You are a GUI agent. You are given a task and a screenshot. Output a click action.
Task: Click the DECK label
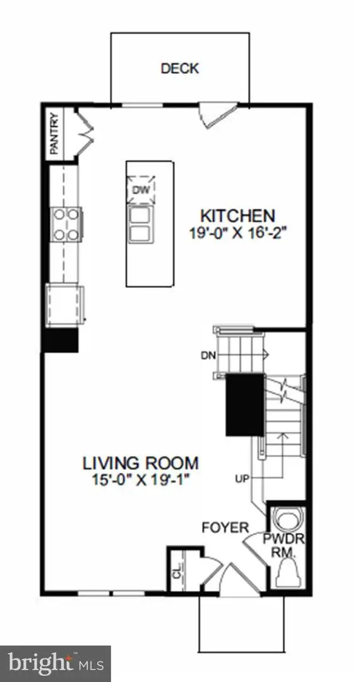tap(179, 68)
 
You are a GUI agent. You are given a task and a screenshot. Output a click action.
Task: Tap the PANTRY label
tap(55, 133)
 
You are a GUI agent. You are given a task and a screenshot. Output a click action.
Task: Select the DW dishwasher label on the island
tap(139, 189)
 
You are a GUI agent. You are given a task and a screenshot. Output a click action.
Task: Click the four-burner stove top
tap(65, 224)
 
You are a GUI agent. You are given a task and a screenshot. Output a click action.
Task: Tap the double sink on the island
tap(140, 225)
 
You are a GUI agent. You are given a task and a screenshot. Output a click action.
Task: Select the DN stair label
tap(225, 355)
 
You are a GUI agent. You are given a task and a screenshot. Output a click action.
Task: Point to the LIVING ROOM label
tap(141, 462)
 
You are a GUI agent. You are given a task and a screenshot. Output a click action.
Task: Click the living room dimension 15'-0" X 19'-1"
tap(141, 479)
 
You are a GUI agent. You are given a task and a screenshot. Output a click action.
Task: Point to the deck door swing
tap(210, 115)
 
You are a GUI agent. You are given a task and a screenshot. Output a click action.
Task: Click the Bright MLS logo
tap(54, 663)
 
